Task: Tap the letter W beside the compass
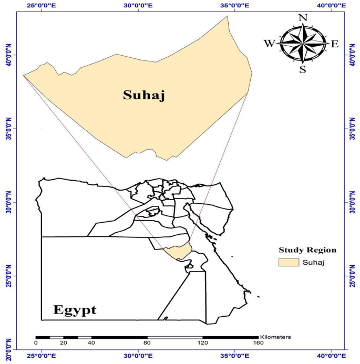[269, 44]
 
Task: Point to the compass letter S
[303, 69]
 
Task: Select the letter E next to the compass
[335, 44]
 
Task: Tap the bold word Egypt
[75, 309]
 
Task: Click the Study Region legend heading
[307, 249]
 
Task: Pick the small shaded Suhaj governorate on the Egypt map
[177, 252]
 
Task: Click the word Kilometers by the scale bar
[275, 336]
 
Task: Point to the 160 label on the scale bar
[258, 344]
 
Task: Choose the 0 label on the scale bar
[36, 344]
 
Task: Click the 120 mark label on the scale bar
[202, 344]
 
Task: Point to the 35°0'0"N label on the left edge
[7, 128]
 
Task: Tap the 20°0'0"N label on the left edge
[7, 349]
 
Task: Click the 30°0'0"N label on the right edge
[351, 202]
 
